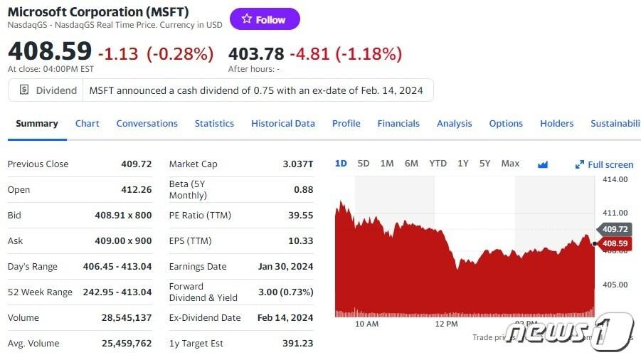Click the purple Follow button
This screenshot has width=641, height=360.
pyautogui.click(x=265, y=19)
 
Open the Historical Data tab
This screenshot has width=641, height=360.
pyautogui.click(x=282, y=123)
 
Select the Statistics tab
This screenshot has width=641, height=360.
pyautogui.click(x=214, y=123)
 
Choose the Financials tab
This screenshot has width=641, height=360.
pyautogui.click(x=398, y=123)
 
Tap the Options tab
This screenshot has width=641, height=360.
pyautogui.click(x=506, y=123)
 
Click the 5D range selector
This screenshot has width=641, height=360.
pyautogui.click(x=364, y=164)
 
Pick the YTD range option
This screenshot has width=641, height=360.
pyautogui.click(x=438, y=164)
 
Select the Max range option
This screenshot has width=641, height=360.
pyautogui.click(x=510, y=164)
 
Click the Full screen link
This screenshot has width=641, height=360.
pyautogui.click(x=605, y=164)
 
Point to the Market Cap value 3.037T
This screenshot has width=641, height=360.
pyautogui.click(x=297, y=164)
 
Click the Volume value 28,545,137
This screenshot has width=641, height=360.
pyautogui.click(x=127, y=317)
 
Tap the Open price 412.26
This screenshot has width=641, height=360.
pyautogui.click(x=137, y=190)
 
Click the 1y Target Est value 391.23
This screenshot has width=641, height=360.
pyautogui.click(x=297, y=343)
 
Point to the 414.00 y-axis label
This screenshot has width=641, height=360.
pyautogui.click(x=615, y=179)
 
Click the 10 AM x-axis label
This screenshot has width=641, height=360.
pyautogui.click(x=366, y=324)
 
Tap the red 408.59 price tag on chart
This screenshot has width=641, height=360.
pyautogui.click(x=615, y=243)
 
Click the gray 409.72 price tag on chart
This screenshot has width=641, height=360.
pyautogui.click(x=615, y=229)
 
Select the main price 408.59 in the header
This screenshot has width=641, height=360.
pyautogui.click(x=50, y=51)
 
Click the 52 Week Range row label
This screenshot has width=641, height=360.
pyautogui.click(x=40, y=292)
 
